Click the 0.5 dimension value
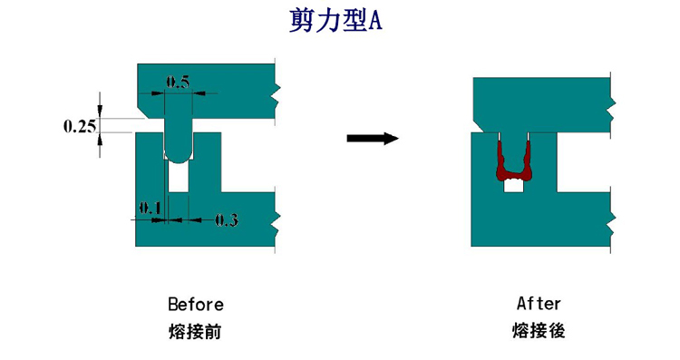tap(178, 83)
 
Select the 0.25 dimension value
tap(80, 126)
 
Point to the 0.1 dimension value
tap(149, 208)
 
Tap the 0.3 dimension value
tap(226, 219)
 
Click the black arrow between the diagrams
tap(373, 139)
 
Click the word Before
tap(195, 304)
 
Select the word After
tap(539, 303)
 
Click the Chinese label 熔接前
tap(195, 331)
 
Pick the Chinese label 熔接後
tap(539, 331)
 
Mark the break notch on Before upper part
tap(277, 91)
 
